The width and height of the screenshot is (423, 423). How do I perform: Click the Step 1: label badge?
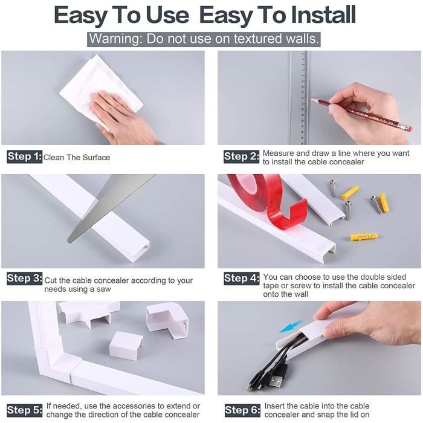pos(25,157)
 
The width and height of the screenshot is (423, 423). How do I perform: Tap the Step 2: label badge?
pos(241,157)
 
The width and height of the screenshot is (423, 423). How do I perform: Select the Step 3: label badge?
pos(25,279)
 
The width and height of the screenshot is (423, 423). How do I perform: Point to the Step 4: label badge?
pos(241,279)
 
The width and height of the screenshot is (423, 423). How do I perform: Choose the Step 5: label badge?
pos(25,410)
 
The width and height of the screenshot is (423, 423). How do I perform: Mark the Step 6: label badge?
pos(241,410)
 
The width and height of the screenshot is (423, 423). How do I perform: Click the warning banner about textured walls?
pos(204,40)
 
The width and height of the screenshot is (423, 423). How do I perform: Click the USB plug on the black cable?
pos(275,381)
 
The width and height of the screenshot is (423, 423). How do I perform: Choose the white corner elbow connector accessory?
pos(168,319)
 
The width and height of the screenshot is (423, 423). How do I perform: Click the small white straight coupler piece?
pos(126,344)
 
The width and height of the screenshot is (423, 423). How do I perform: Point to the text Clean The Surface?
pos(77,158)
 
